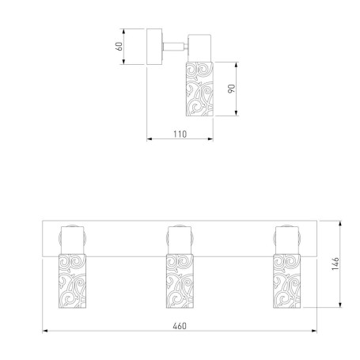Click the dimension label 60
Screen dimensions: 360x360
119,47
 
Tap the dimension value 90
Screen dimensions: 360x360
231,89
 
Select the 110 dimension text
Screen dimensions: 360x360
180,135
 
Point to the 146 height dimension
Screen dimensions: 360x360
335,263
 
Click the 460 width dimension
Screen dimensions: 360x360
180,326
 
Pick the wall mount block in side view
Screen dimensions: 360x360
154,47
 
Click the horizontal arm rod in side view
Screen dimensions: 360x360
173,47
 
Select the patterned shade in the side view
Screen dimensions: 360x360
199,89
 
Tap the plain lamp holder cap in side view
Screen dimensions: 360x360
199,48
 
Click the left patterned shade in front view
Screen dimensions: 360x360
72,281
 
